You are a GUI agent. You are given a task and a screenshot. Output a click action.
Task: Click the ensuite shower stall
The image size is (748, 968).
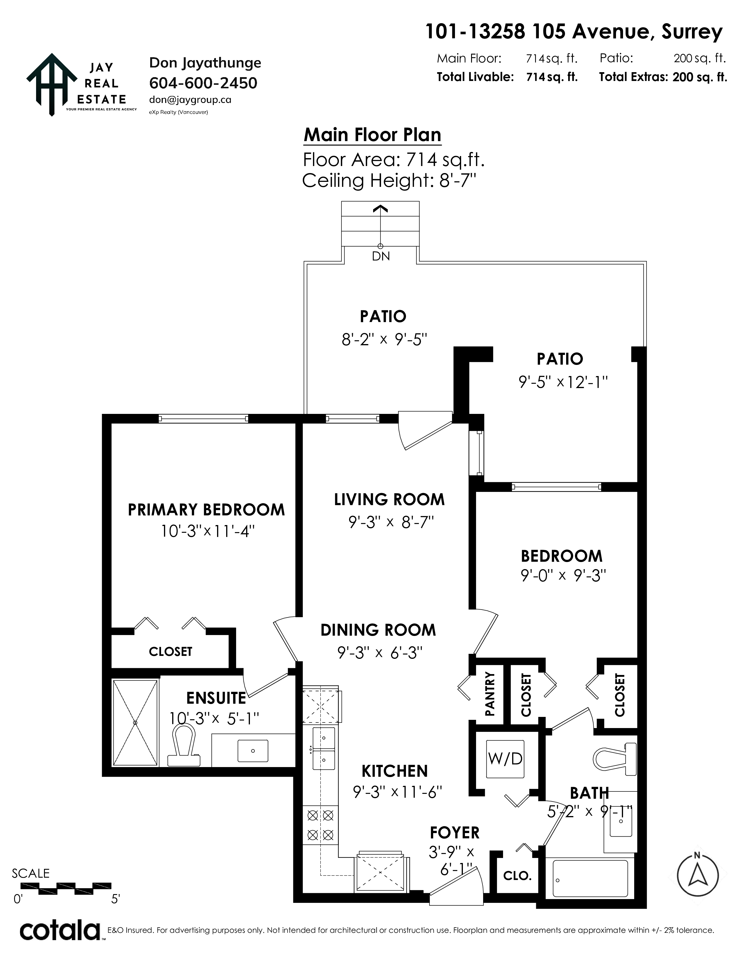coord(136,722)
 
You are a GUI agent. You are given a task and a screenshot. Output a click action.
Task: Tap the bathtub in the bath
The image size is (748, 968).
coord(590,880)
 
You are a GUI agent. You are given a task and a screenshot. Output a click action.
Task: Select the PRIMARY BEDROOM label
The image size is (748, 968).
coord(206,510)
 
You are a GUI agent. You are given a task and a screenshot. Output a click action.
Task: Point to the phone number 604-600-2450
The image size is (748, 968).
coord(203,83)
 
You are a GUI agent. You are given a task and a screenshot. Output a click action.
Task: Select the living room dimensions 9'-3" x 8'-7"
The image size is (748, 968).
coord(390,522)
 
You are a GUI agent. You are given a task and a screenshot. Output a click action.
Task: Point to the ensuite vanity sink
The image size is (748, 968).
coord(253,751)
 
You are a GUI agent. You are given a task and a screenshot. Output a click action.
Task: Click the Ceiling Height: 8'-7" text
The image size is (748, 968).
coord(390,181)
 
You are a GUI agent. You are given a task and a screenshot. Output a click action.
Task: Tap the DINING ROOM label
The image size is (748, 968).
coord(378,630)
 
